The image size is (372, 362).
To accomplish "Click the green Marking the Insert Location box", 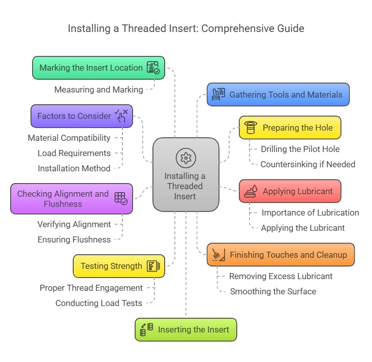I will coord(98,68).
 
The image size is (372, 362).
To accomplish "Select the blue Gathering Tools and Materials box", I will coord(278,95).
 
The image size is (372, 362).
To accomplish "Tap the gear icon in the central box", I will coord(185,158).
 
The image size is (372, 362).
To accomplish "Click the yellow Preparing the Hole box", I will coord(290,128).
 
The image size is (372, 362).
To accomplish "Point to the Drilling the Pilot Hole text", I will coord(300,149).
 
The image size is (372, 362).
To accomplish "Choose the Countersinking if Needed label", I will coord(307,164).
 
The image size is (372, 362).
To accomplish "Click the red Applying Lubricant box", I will coord(290,191).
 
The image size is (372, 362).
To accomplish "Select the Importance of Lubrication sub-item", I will coord(310,213).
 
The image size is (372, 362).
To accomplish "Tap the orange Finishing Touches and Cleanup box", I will coord(281,255).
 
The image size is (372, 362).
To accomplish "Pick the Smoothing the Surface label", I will coord(273,291).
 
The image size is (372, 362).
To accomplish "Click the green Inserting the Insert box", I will coord(185,329).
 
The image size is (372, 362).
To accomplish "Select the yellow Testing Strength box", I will coord(119,266).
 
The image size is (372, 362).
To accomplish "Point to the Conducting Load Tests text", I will coord(99,303).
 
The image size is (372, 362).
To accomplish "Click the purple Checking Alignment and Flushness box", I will coord(71,199).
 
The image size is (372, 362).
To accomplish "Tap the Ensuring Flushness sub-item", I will coord(74,239).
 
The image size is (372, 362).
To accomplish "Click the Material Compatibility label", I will coord(69,138).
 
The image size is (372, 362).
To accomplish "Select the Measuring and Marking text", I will coord(99,89).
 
